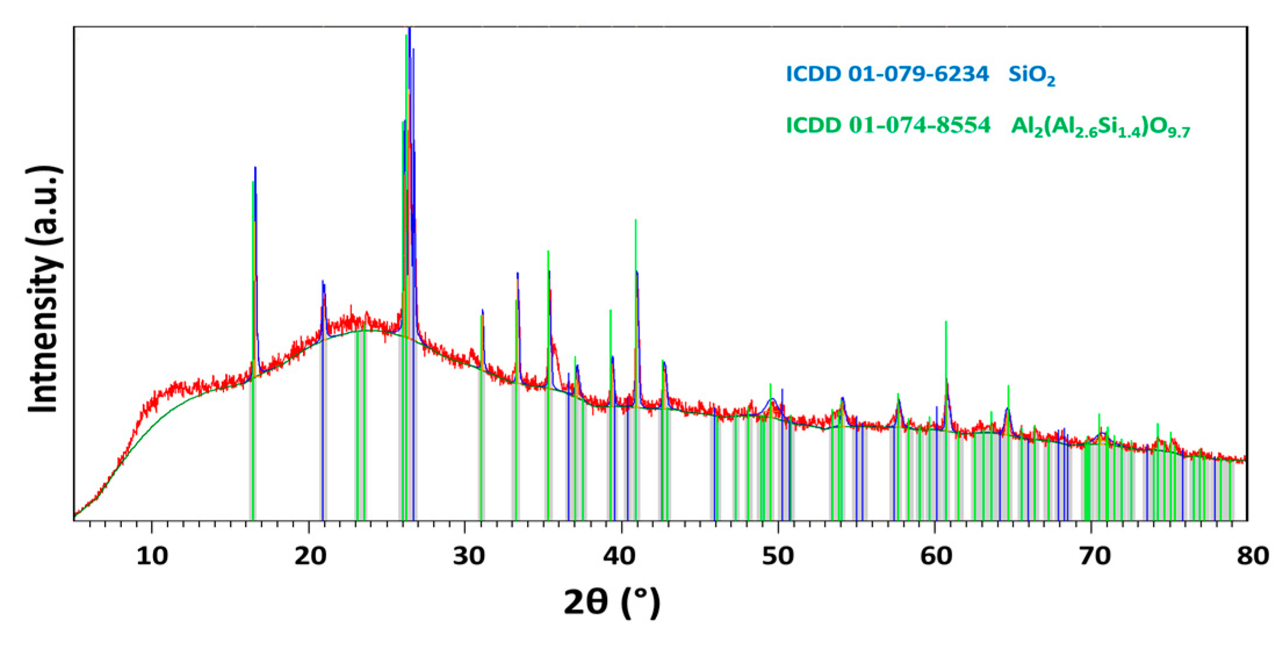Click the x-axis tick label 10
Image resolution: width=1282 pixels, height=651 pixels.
152,556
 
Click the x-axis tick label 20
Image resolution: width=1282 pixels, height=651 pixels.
310,556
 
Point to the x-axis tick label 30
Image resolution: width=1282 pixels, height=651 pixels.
468,556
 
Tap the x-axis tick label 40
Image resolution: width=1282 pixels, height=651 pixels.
619,556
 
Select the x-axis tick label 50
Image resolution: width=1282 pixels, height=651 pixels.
778,556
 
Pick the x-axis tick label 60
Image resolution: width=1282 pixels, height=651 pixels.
936,556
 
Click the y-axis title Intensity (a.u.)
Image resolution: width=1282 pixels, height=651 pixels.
44,289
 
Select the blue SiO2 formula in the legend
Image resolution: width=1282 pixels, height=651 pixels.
1031,75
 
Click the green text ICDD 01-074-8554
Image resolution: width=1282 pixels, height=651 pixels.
887,125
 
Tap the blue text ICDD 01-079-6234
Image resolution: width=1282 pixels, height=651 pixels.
887,74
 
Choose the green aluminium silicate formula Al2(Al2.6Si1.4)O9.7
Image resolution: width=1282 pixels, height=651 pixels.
1100,127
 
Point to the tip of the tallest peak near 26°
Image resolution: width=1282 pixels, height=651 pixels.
410,28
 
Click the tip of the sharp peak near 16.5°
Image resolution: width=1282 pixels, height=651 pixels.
255,168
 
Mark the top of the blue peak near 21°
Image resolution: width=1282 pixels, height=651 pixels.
323,282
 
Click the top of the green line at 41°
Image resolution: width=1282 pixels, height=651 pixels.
635,221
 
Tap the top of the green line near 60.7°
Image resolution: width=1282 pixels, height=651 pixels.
946,322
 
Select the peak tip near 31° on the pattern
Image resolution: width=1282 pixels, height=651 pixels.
482,311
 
